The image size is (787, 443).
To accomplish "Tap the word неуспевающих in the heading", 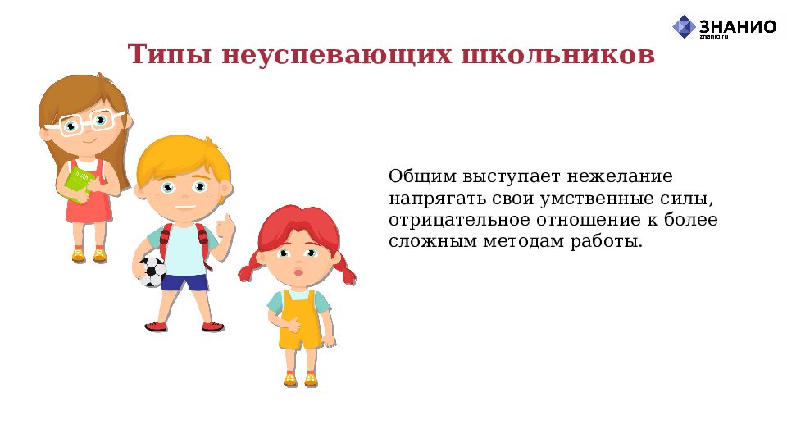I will click(337, 56).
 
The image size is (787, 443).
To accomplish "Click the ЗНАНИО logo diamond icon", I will click(684, 26).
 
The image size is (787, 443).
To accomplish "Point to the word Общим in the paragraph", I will click(423, 177).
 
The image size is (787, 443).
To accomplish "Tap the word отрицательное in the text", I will click(460, 221).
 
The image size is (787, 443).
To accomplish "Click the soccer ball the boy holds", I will click(152, 272).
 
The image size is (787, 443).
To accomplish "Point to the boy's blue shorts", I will click(184, 281).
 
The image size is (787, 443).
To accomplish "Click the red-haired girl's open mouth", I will click(299, 272).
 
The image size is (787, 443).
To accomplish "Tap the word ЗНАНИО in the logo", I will click(738, 26).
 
